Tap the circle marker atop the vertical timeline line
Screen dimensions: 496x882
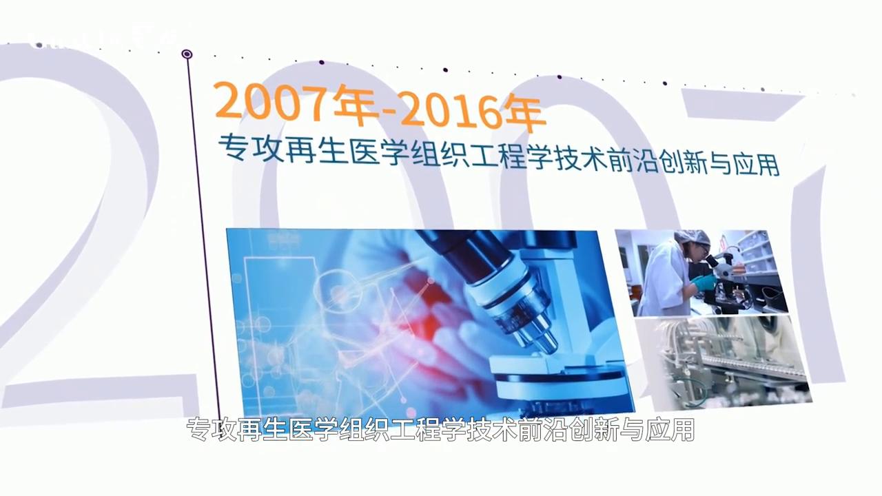coord(187,54)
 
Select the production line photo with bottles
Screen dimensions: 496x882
coord(724,362)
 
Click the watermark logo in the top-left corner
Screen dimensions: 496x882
coord(103,40)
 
